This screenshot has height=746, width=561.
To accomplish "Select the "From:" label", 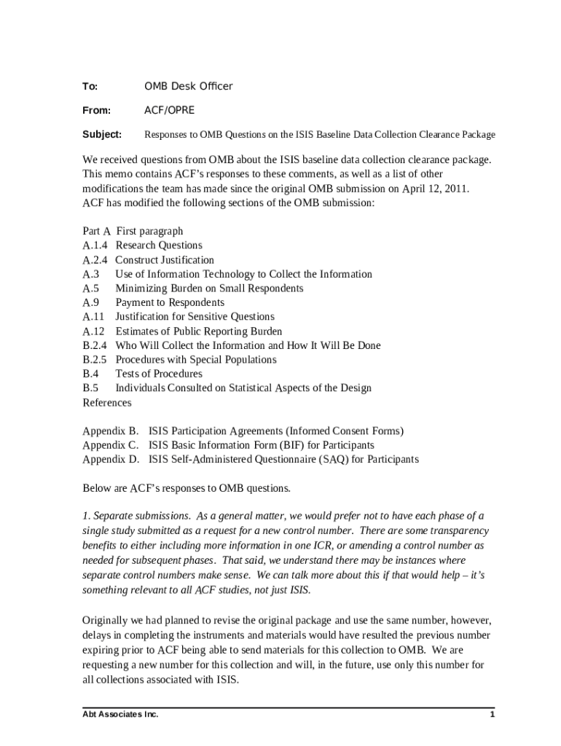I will [x=96, y=111].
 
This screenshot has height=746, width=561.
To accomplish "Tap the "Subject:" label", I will [x=102, y=135].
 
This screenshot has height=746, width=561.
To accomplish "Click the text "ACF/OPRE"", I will [x=170, y=111].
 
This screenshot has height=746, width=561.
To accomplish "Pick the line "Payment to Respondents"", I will [x=170, y=302].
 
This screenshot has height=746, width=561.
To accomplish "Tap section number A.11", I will [x=93, y=317].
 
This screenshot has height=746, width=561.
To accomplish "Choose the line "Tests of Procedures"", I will [x=159, y=374].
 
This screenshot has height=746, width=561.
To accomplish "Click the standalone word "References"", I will [x=107, y=403].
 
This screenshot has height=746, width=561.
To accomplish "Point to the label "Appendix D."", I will [x=111, y=460].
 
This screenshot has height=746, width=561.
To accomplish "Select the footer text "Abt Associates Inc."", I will [x=120, y=715].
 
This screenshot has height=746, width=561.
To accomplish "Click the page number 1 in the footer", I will [x=493, y=715].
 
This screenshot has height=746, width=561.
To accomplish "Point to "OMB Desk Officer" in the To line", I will [x=189, y=87].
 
